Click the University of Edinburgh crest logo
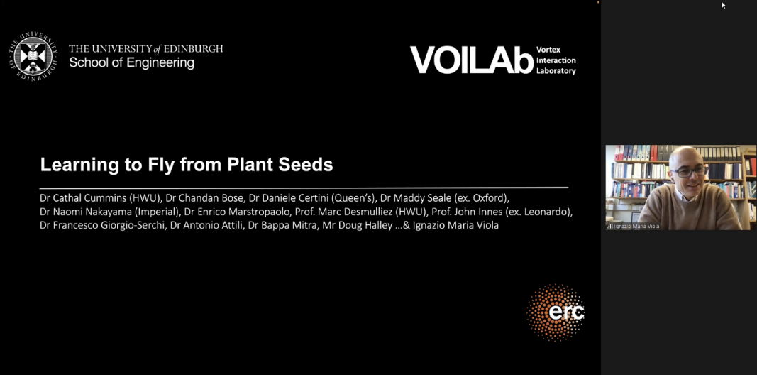pyautogui.click(x=33, y=56)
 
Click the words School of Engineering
pyautogui.click(x=131, y=62)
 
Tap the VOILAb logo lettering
pyautogui.click(x=471, y=60)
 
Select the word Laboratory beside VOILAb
pyautogui.click(x=556, y=71)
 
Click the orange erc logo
pyautogui.click(x=556, y=312)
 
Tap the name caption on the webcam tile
pyautogui.click(x=636, y=226)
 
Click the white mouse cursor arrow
pyautogui.click(x=724, y=5)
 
